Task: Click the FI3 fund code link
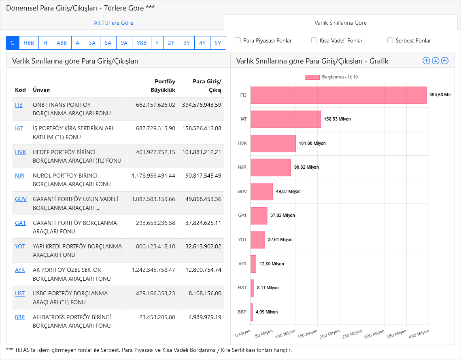(x=19, y=105)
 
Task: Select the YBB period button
(x=141, y=43)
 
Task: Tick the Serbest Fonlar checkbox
(x=390, y=40)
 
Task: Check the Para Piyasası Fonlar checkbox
(x=238, y=40)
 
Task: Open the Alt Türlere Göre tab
(x=113, y=23)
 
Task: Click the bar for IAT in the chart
(x=286, y=119)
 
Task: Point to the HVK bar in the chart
(x=273, y=144)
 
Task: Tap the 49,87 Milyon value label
(x=288, y=191)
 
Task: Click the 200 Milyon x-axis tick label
(x=330, y=334)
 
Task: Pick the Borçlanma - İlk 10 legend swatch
(x=312, y=77)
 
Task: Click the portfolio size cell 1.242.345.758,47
(x=153, y=270)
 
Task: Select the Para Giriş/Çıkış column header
(x=207, y=85)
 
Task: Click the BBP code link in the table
(x=20, y=317)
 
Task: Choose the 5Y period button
(x=218, y=43)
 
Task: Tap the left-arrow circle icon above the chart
(x=445, y=61)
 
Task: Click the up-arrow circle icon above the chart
(x=426, y=61)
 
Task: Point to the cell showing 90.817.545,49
(x=203, y=176)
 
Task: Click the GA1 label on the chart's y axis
(x=242, y=216)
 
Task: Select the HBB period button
(x=29, y=43)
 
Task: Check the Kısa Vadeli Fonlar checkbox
(x=314, y=40)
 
